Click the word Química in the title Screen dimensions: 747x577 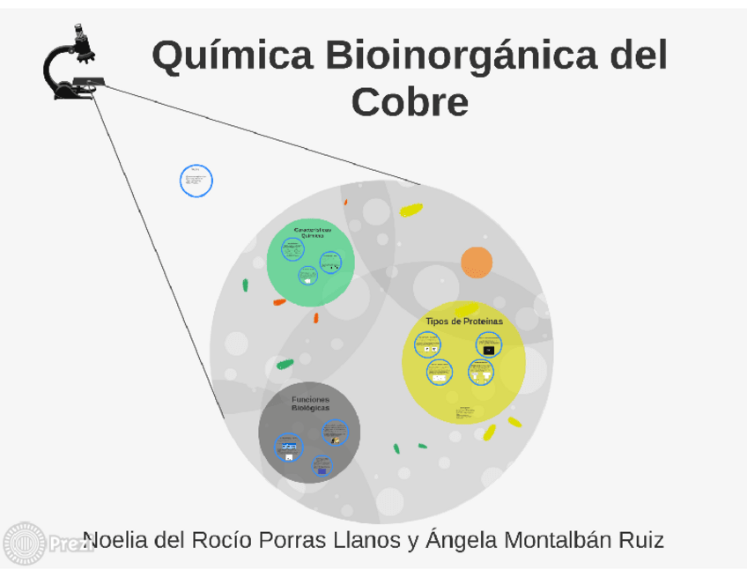232,56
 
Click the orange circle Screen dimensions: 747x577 477,263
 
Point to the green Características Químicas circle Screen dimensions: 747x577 311,262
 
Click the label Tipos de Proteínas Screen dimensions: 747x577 463,322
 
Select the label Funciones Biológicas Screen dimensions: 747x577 310,403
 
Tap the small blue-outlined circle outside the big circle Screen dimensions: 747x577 196,181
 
